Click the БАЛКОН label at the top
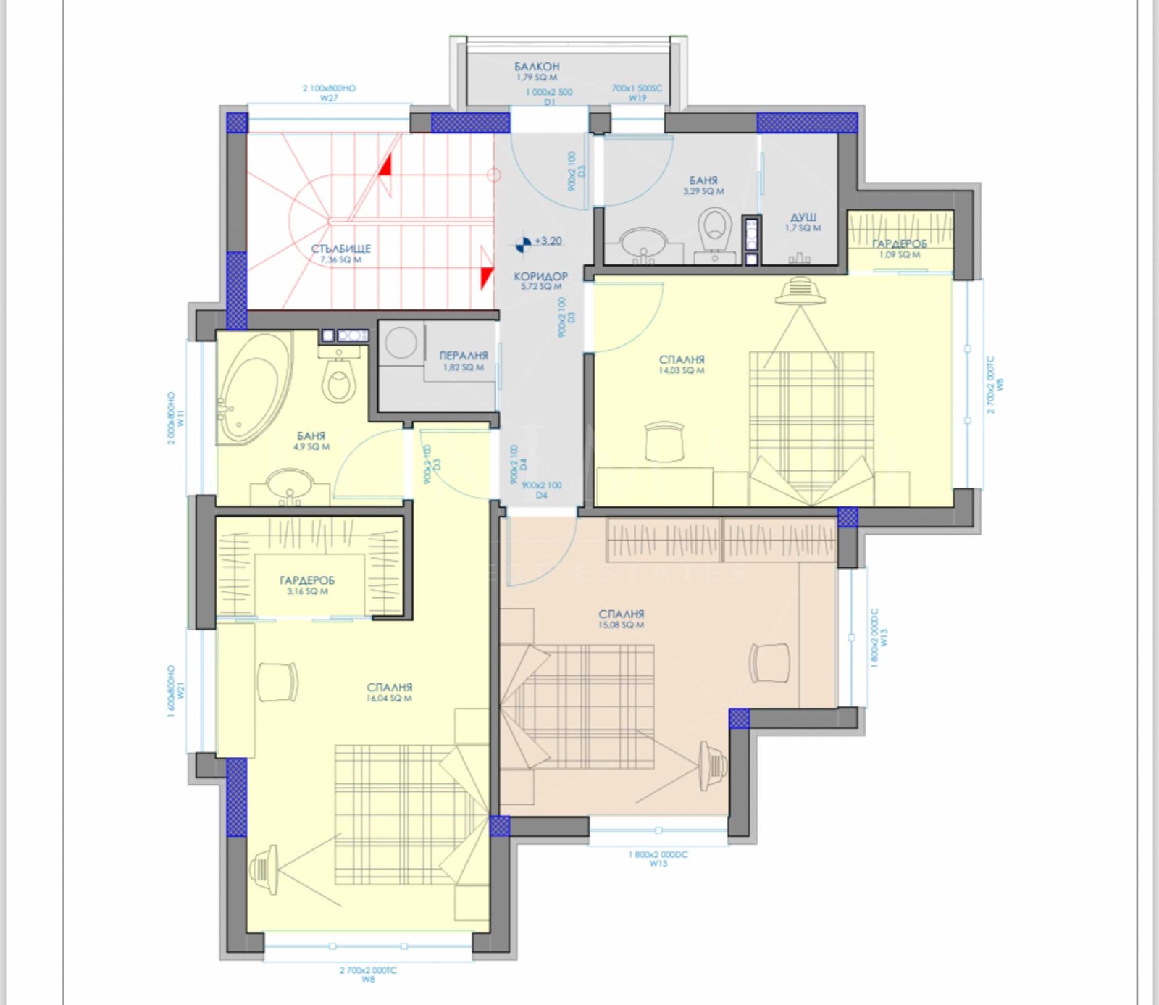(x=537, y=67)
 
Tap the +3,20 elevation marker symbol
(x=522, y=243)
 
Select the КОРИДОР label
(x=540, y=276)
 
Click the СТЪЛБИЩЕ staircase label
(x=340, y=249)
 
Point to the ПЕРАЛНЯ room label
(x=464, y=356)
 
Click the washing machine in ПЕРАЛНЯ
(x=401, y=342)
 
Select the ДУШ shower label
(x=803, y=217)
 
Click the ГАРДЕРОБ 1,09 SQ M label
(x=899, y=244)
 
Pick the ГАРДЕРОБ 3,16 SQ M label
(x=307, y=580)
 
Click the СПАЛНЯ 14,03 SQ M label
(x=682, y=359)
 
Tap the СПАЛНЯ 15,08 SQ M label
(x=621, y=614)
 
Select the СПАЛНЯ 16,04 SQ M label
(x=389, y=687)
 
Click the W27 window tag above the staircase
(x=329, y=98)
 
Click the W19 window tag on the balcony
(x=637, y=98)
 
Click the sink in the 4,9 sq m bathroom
(x=290, y=484)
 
